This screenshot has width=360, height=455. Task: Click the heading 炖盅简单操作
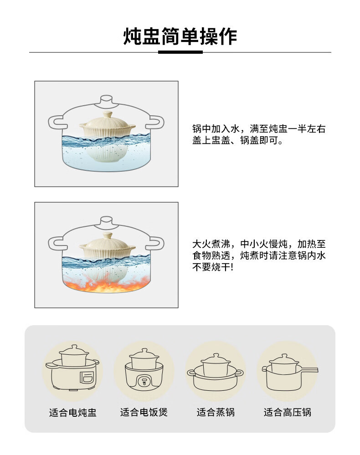(x=180, y=36)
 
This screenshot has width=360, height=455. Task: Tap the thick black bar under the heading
(x=180, y=52)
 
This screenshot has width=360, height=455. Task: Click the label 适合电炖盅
(x=72, y=412)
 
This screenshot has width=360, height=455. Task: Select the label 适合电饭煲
(x=144, y=412)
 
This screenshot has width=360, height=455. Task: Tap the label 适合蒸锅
(x=216, y=412)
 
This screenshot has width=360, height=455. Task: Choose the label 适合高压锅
(x=287, y=412)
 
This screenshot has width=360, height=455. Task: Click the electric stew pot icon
(x=72, y=368)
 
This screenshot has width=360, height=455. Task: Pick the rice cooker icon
(x=144, y=370)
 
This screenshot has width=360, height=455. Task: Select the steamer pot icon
(x=215, y=372)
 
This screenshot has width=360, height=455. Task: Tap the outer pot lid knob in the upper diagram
(x=106, y=100)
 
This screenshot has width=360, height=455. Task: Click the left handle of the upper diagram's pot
(x=56, y=122)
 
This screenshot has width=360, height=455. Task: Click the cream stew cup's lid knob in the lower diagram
(x=107, y=235)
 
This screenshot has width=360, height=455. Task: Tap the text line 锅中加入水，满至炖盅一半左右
(x=259, y=128)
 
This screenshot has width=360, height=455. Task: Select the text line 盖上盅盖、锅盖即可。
(x=237, y=140)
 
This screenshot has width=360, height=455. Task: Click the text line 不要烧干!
(x=213, y=267)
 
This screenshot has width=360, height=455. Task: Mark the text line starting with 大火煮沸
(x=259, y=244)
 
